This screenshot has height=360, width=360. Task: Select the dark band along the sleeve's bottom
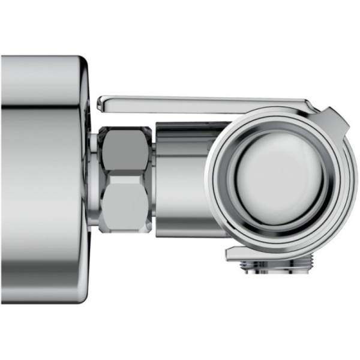[x=180, y=230]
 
